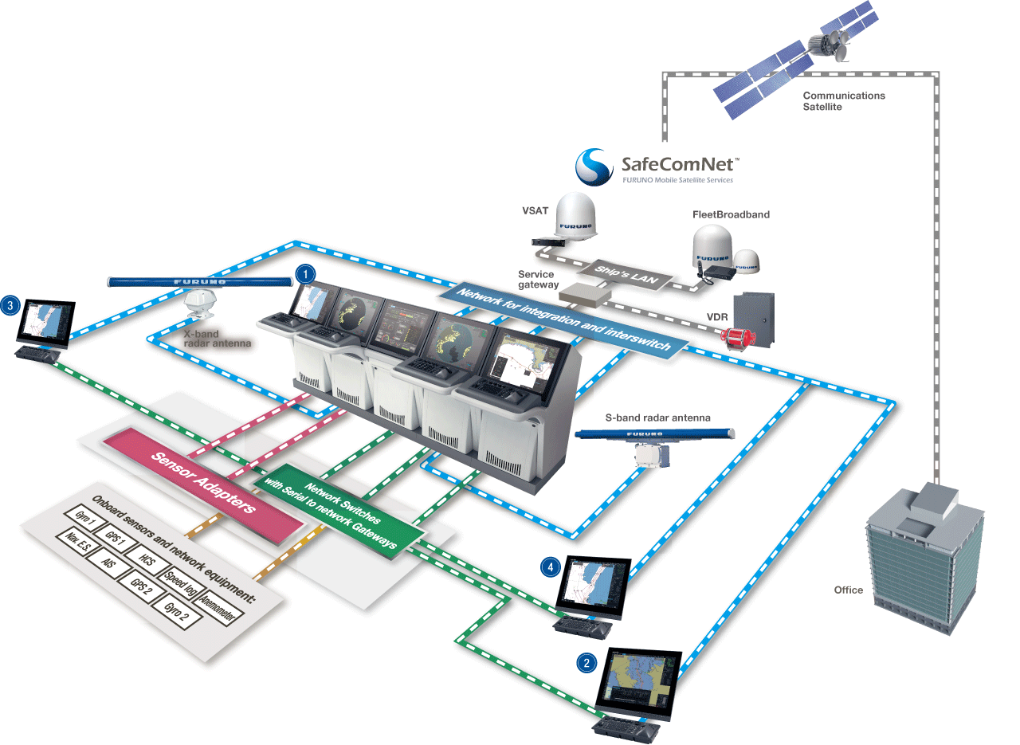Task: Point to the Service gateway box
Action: tap(585, 295)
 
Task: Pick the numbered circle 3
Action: tap(10, 304)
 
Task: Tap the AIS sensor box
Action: tap(108, 562)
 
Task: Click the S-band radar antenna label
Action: tap(657, 418)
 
